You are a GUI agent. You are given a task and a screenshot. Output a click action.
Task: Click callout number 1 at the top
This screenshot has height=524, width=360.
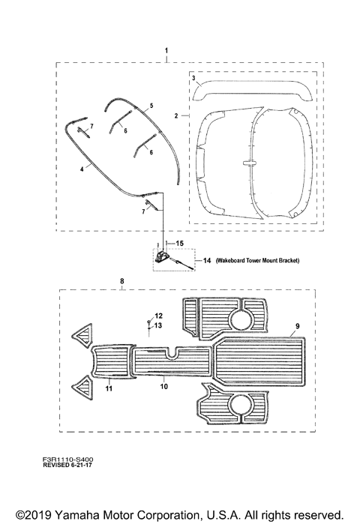tap(166, 51)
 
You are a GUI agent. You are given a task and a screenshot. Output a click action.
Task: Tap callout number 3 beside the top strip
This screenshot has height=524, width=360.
tap(193, 78)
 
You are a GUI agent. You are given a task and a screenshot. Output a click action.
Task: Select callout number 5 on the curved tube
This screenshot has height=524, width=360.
tap(151, 106)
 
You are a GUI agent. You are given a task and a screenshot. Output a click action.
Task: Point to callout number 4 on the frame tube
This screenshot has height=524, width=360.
tap(82, 169)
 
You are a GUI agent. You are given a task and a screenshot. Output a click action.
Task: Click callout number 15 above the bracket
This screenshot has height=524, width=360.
tap(179, 244)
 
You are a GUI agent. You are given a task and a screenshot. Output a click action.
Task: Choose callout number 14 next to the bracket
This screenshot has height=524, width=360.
tap(207, 260)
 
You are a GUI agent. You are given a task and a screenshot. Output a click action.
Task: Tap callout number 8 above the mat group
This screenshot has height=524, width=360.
tap(122, 281)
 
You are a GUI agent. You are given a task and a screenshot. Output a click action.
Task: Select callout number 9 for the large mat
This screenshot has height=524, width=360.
tap(298, 326)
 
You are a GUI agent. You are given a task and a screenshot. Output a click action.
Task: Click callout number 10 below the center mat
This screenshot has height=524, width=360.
tap(163, 387)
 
